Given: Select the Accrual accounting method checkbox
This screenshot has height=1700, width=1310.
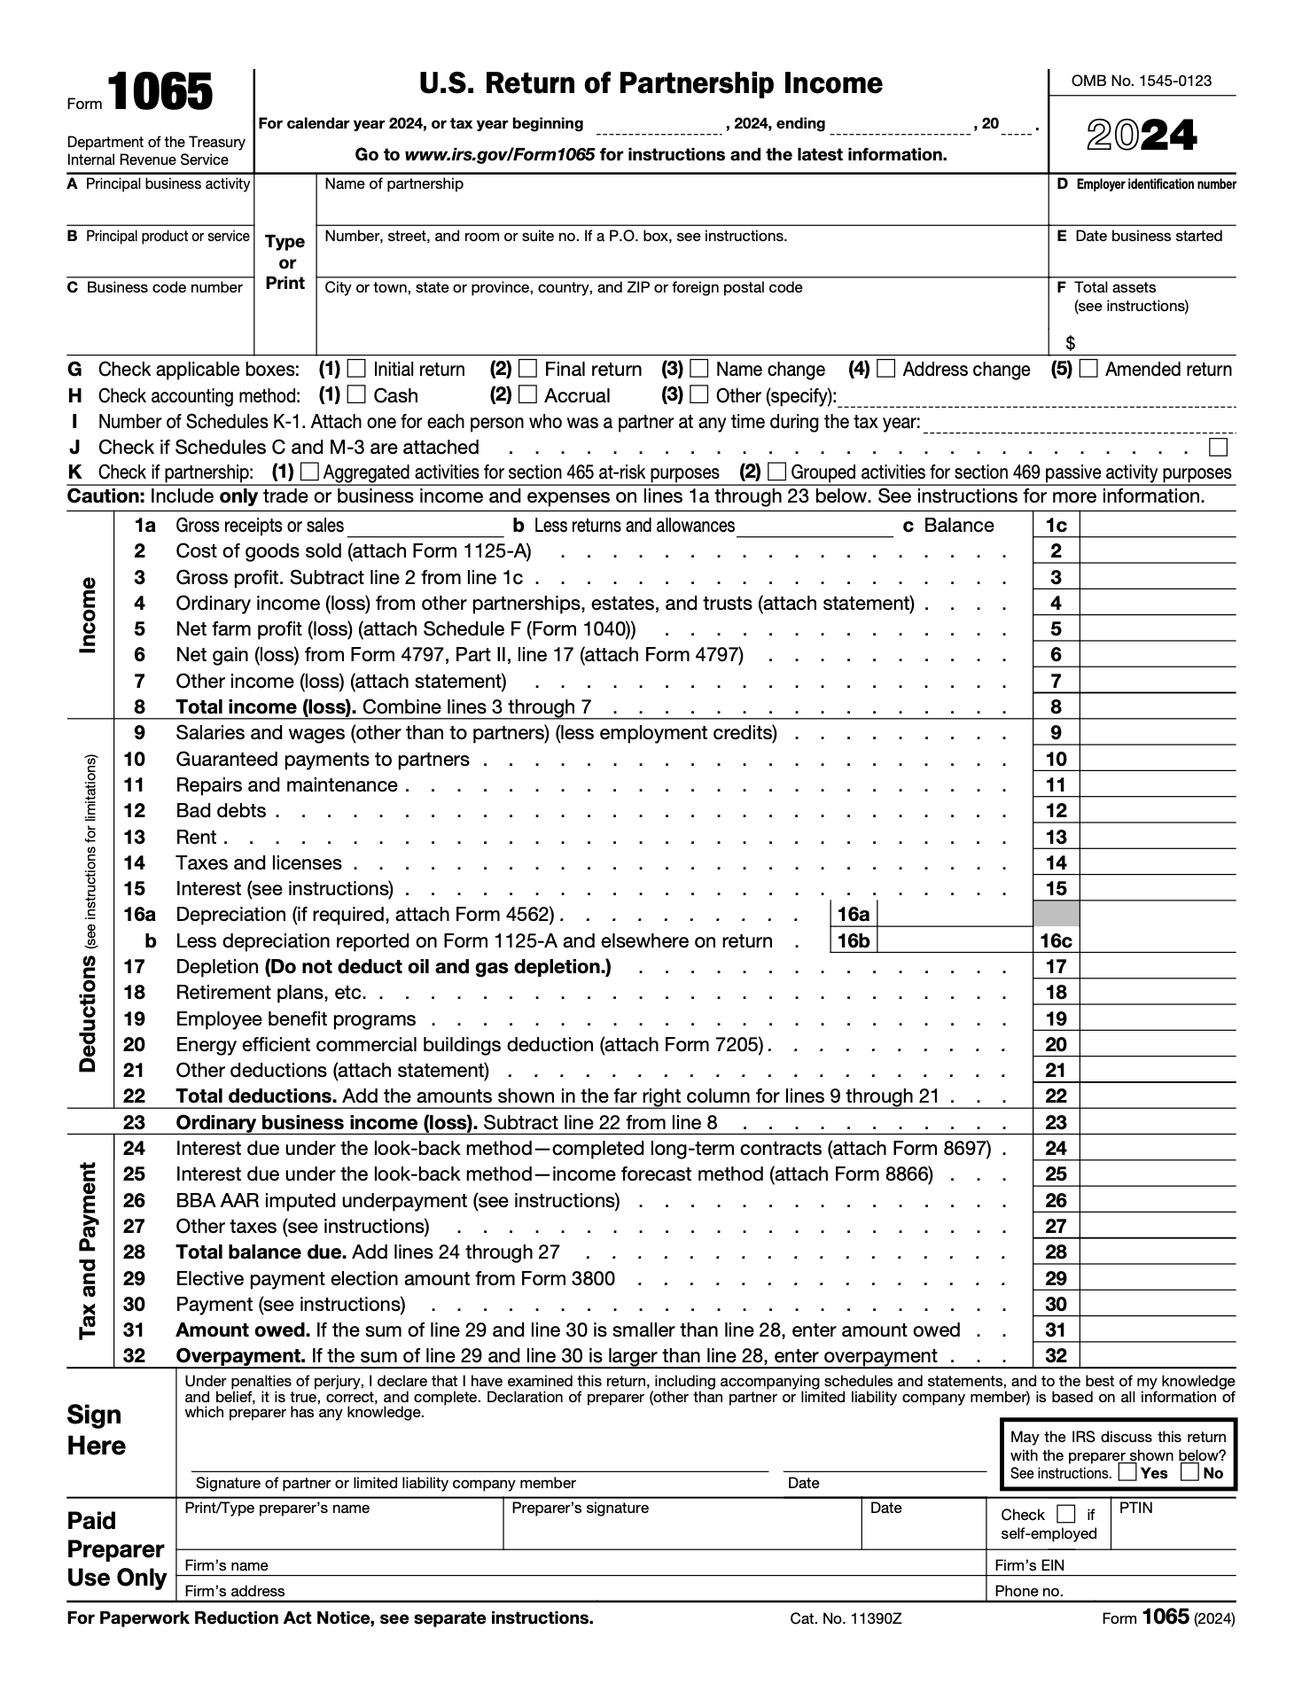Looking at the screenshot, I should point(527,394).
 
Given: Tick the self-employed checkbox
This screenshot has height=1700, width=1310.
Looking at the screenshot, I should point(1067,1514).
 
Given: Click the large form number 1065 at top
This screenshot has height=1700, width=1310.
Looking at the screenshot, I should point(160,93).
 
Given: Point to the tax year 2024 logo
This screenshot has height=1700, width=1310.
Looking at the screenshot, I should point(1142,136).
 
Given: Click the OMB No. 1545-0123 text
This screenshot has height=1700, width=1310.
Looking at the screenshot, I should point(1142,81).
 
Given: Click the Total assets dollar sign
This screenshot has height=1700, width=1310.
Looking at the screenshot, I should point(1071,343).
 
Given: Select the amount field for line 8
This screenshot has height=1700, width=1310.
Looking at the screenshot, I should point(1158,706).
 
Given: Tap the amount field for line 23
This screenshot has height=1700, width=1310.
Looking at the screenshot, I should point(1158,1122).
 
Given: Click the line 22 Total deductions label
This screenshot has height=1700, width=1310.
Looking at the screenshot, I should point(256,1096).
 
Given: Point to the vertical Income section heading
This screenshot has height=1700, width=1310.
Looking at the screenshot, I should point(88,615).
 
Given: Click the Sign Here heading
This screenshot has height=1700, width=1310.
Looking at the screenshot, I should point(97,1430).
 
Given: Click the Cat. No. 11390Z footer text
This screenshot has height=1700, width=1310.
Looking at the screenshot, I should point(846,1618).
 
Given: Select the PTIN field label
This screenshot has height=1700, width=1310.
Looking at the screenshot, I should point(1135,1508).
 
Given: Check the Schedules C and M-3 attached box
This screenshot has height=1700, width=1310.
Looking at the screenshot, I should point(1219,447).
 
